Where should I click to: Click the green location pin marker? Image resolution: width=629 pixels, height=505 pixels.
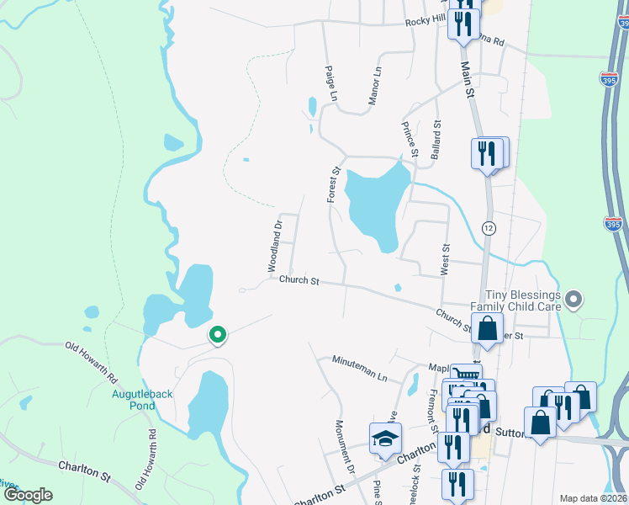click(x=217, y=336)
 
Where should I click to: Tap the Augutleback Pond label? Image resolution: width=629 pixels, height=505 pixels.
click(x=133, y=399)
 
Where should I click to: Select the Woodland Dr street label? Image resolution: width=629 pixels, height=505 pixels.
click(x=273, y=246)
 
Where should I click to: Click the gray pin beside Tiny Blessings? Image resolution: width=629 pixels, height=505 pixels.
click(x=574, y=299)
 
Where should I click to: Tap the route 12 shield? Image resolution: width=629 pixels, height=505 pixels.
click(x=488, y=228)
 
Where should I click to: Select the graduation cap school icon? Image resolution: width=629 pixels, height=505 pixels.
click(x=385, y=438)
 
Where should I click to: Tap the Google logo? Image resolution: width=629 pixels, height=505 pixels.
click(x=28, y=495)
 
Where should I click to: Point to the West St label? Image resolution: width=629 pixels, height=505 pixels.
click(x=446, y=259)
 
